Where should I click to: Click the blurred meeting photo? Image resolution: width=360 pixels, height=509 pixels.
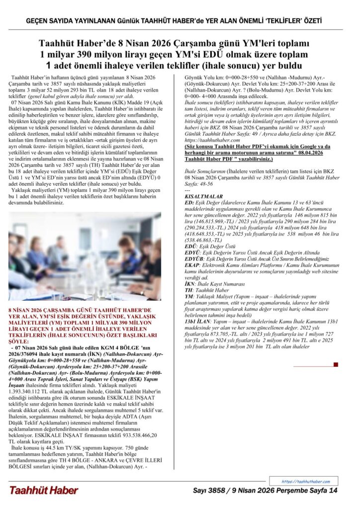click(x=85, y=256)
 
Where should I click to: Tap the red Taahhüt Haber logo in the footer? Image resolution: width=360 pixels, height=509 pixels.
click(x=43, y=490)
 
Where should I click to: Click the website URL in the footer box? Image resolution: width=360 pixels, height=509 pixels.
click(x=306, y=481)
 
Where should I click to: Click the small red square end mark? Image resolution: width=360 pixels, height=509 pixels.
click(x=336, y=365)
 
